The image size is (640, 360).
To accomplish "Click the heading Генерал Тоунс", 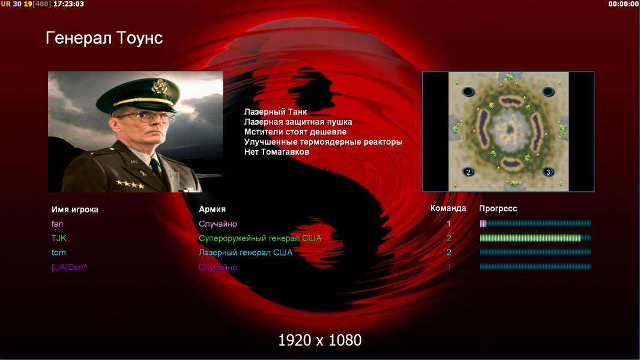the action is click(x=104, y=38).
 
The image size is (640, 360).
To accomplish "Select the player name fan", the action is click(x=57, y=224).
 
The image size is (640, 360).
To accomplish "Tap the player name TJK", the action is click(x=59, y=238).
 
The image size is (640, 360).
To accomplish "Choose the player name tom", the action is click(x=58, y=253).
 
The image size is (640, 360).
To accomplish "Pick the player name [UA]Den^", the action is click(x=69, y=268).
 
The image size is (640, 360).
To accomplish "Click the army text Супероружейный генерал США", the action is click(x=260, y=239).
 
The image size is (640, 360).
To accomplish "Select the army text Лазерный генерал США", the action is click(x=246, y=253).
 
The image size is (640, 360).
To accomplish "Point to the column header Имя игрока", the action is click(x=74, y=209).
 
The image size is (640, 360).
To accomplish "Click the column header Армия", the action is click(x=213, y=209).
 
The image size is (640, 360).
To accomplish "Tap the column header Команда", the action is click(x=448, y=208).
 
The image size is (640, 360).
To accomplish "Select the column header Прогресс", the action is click(x=498, y=209).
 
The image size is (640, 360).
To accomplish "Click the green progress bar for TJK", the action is click(x=531, y=238).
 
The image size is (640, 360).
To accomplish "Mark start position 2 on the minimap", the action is click(x=468, y=172).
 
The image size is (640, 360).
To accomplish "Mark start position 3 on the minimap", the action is click(x=548, y=172).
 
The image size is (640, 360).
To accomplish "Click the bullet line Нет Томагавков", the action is click(x=277, y=152).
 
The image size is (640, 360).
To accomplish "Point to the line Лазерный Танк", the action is click(x=276, y=112).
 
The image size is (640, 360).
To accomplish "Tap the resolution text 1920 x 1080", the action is click(x=320, y=340).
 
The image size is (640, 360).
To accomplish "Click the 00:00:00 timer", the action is click(x=623, y=4).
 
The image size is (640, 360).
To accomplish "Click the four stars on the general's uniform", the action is click(x=130, y=184).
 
